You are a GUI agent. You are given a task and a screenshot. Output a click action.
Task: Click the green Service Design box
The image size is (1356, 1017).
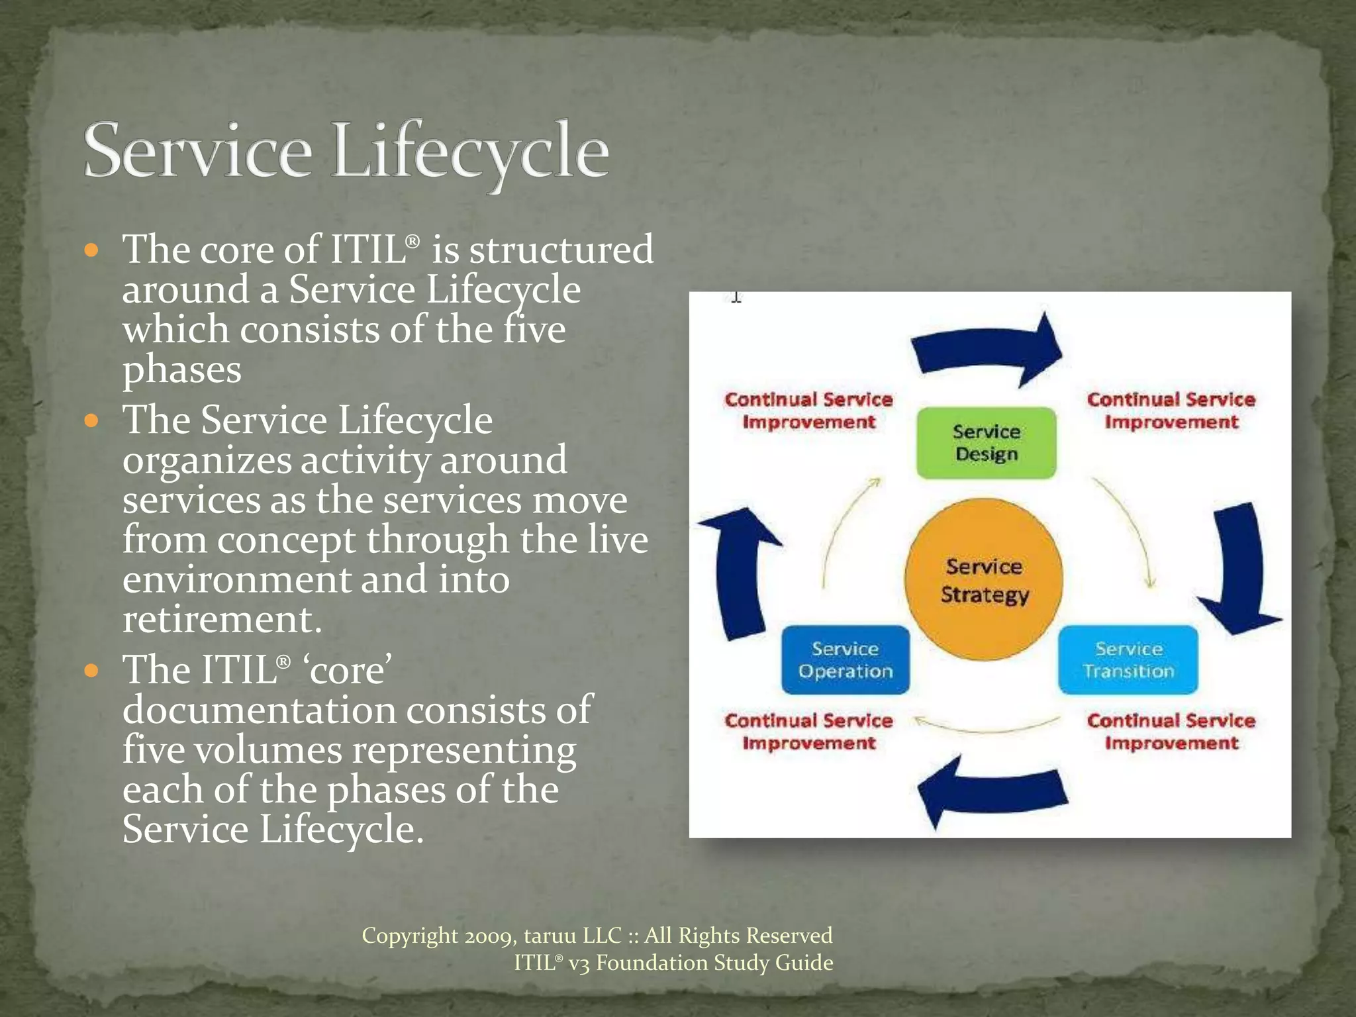pos(986,443)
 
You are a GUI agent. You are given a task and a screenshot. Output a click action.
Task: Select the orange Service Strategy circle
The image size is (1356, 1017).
pos(984,580)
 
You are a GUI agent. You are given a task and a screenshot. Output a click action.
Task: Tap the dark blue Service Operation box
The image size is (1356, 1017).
pos(846,660)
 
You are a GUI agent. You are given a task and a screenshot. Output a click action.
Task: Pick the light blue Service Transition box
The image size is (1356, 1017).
pos(1128,660)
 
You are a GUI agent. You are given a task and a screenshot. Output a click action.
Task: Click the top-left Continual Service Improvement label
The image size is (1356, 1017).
pos(808,411)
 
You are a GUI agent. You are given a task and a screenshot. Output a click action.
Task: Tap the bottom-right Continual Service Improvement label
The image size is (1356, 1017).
pos(1171,732)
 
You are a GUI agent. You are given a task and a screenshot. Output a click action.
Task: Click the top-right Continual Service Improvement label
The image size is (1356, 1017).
pos(1171,411)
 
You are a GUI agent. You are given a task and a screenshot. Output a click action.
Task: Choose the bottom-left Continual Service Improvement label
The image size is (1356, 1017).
pos(808,732)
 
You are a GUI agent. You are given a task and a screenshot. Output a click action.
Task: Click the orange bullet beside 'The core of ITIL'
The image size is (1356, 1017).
pos(92,251)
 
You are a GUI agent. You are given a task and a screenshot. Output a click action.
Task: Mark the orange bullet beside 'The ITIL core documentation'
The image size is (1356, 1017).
pos(92,671)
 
